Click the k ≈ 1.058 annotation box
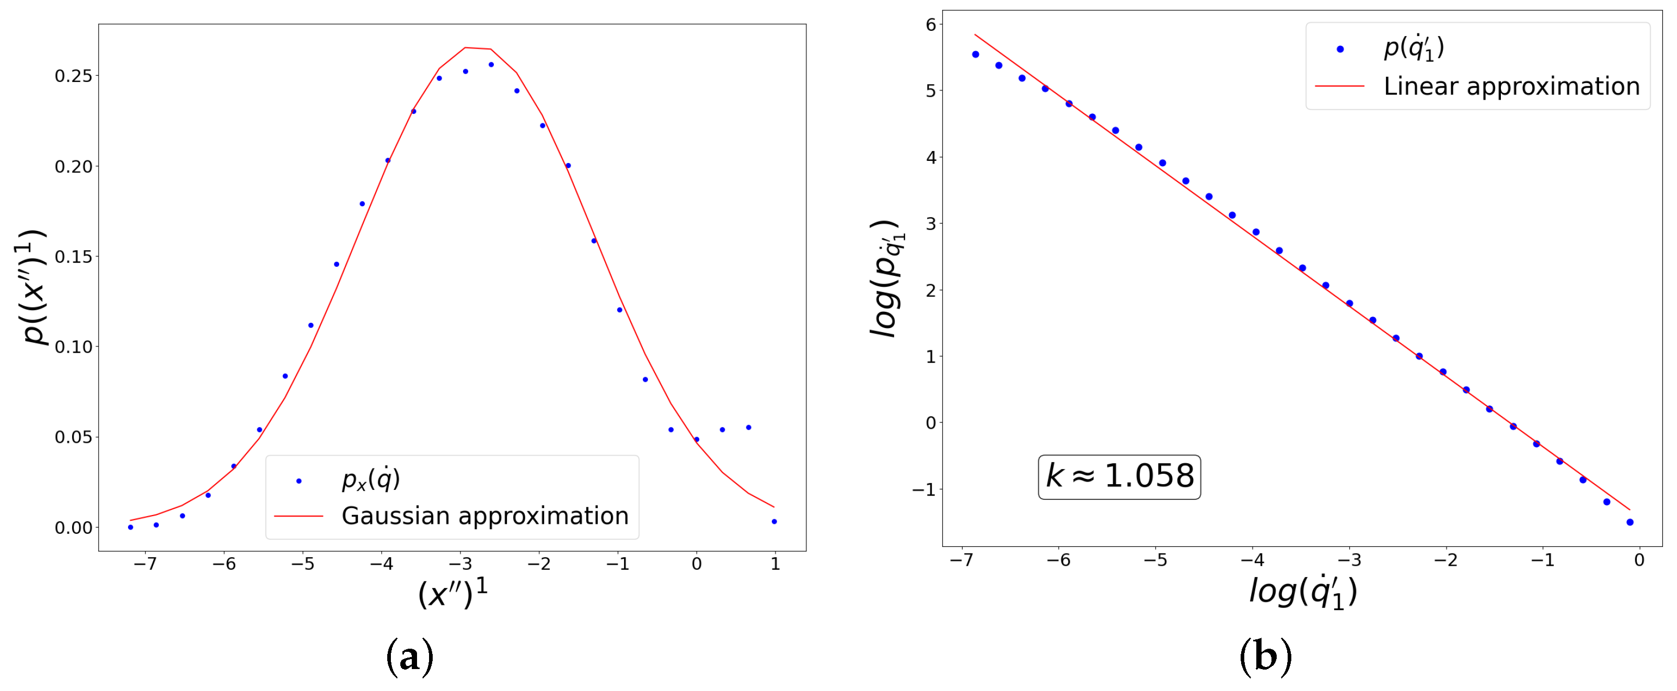(x=1119, y=477)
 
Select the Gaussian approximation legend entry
(x=484, y=516)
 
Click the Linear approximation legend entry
(x=1510, y=86)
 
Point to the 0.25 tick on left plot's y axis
(x=73, y=76)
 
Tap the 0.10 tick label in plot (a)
(x=73, y=347)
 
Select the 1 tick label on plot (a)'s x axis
(x=774, y=564)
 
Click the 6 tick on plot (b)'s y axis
(x=930, y=25)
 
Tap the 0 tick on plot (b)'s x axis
(x=1639, y=560)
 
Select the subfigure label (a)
(x=410, y=658)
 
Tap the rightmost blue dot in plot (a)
(x=774, y=522)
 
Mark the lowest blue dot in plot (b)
(x=1629, y=522)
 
